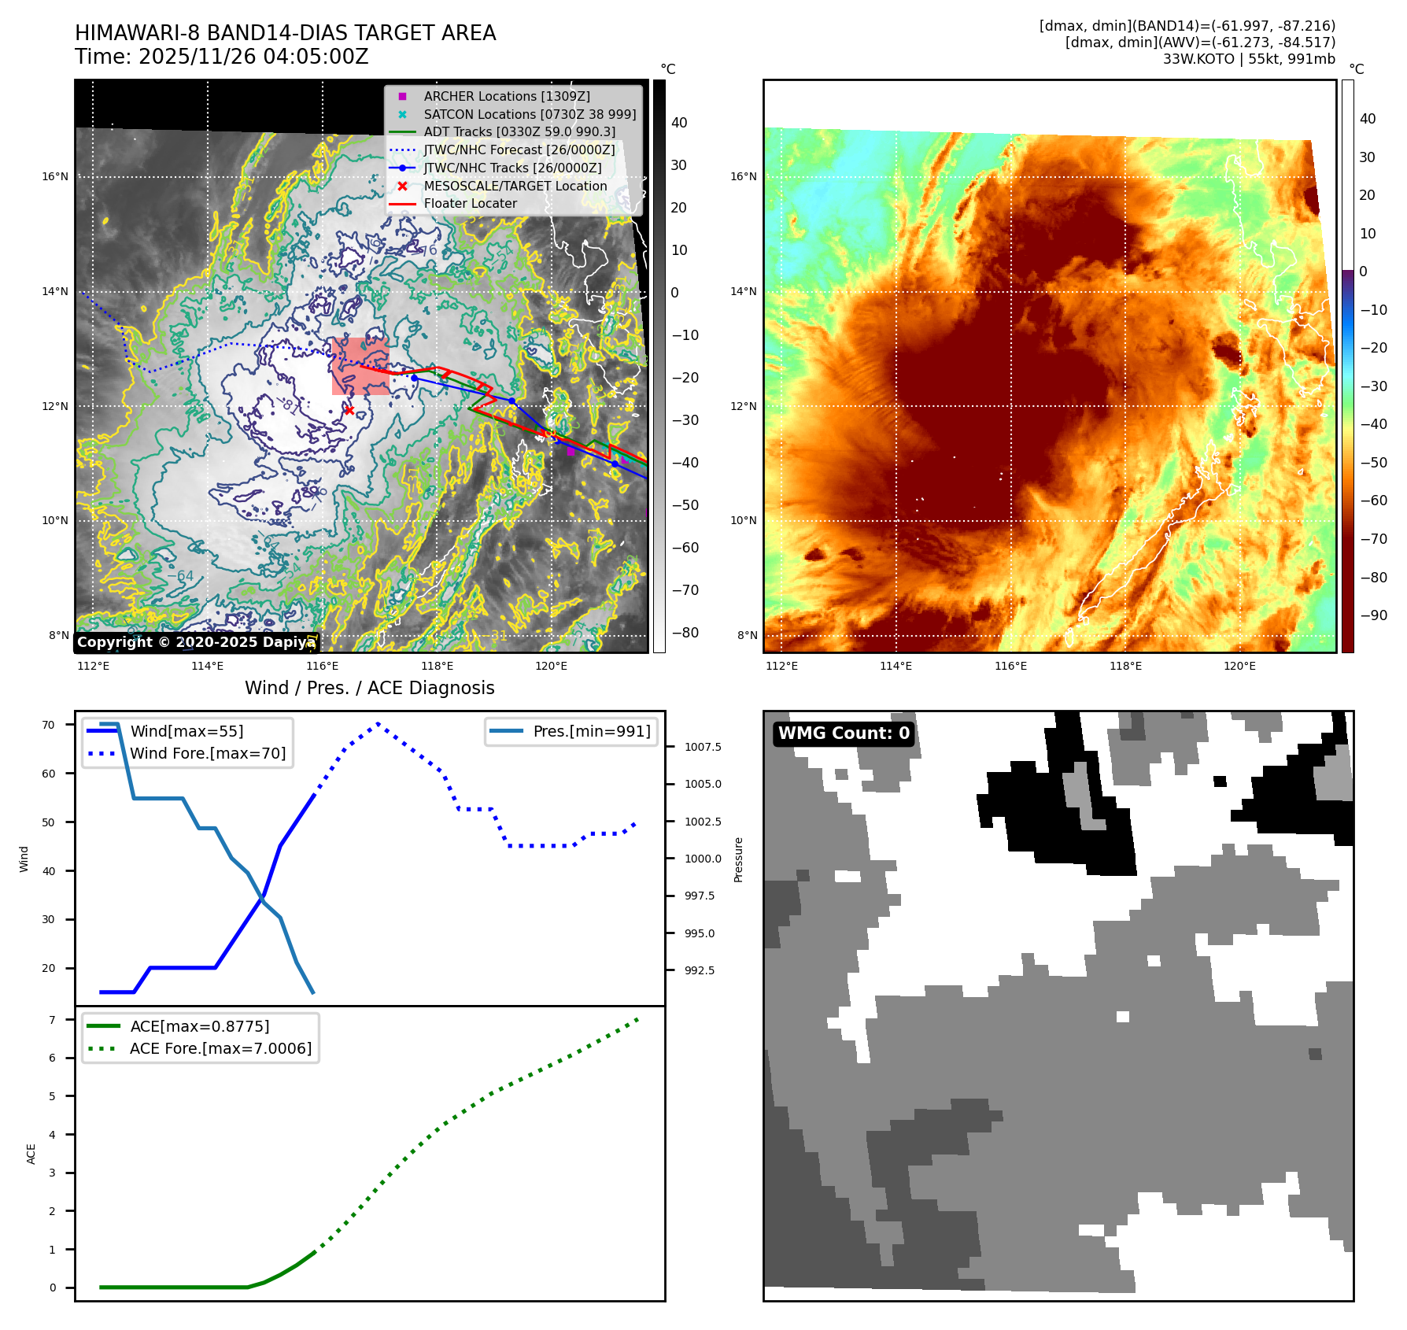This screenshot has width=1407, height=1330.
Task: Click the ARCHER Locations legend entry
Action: click(506, 96)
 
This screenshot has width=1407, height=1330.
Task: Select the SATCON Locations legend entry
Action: click(529, 114)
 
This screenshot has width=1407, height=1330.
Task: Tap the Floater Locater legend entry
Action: click(470, 203)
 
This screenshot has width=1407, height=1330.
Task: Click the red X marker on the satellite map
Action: click(349, 410)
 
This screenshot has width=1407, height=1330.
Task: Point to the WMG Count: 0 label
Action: click(844, 733)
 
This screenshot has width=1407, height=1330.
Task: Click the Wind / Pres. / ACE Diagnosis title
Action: click(369, 688)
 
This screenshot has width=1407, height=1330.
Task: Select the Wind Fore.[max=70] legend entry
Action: click(208, 753)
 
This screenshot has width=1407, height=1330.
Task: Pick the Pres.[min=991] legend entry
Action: click(591, 731)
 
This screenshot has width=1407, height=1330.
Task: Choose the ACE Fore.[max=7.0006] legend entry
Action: click(220, 1048)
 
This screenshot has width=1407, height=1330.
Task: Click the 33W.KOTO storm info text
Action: click(1249, 59)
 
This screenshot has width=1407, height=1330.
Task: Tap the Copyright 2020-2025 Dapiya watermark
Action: click(196, 642)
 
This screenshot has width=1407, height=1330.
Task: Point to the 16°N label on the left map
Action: click(55, 176)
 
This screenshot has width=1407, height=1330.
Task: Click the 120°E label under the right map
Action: click(1239, 666)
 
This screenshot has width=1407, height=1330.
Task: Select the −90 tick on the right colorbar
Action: click(1373, 615)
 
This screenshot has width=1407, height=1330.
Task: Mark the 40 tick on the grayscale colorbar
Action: click(678, 123)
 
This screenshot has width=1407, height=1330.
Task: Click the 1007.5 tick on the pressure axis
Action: click(702, 747)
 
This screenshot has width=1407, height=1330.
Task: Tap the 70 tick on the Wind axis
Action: click(49, 725)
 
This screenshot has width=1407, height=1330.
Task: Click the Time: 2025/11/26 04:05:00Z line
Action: click(221, 57)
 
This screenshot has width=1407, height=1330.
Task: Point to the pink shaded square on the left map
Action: click(360, 366)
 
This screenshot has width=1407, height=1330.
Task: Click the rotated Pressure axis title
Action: click(738, 859)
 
